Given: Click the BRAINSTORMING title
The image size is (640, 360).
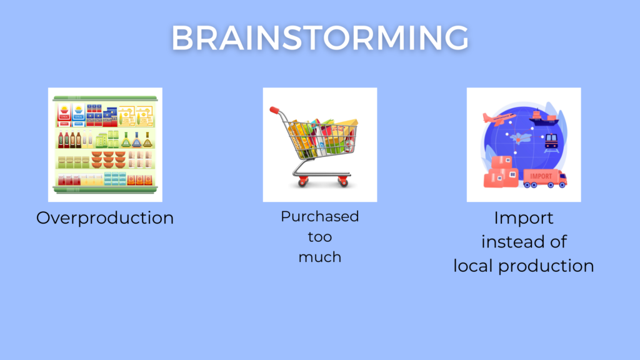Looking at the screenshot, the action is (320, 38).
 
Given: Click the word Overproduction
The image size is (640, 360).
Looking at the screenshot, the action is (105, 218).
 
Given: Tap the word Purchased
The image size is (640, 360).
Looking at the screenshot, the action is (319, 216).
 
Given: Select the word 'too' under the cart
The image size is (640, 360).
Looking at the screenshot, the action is (319, 237).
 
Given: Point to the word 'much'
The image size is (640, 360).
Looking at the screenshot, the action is (319, 257).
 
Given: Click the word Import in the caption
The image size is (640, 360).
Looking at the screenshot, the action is (524, 218).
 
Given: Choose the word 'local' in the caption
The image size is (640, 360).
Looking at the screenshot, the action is (474, 266).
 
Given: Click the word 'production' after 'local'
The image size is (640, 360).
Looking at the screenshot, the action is (546, 267).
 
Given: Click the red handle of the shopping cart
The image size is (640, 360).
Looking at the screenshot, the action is (274, 110).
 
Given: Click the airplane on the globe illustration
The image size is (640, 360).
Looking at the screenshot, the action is (499, 118).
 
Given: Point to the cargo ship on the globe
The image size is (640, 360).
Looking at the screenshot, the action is (544, 117).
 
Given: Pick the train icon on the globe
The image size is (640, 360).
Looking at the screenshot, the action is (551, 142).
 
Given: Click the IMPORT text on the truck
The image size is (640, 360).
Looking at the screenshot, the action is (541, 176).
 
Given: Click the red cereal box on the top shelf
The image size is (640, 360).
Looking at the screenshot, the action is (64, 114).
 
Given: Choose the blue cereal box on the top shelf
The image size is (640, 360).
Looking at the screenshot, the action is (78, 114).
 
